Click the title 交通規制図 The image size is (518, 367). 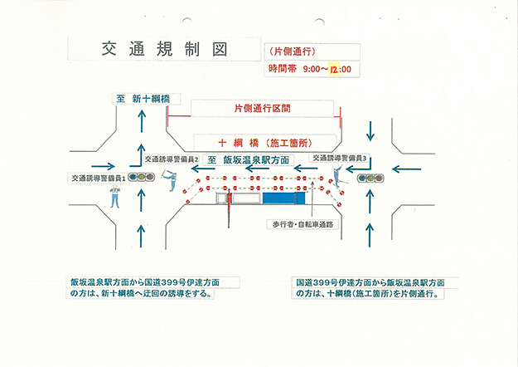tap(162, 49)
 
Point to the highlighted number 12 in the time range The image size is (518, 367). tap(335, 68)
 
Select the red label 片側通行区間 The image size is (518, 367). tap(254, 109)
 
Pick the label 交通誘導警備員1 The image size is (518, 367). tap(98, 178)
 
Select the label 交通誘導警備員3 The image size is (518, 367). tap(339, 156)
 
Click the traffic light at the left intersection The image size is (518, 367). tap(146, 177)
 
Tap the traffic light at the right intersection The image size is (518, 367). tap(370, 177)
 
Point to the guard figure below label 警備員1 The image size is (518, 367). tap(115, 197)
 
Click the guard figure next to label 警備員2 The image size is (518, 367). tap(172, 179)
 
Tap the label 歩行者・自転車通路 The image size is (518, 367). tap(302, 224)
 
